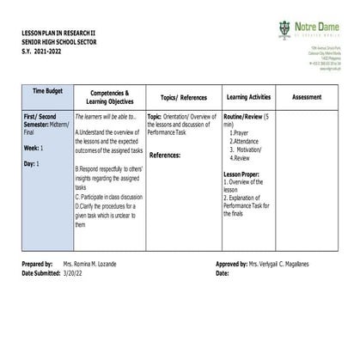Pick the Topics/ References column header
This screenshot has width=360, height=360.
182,97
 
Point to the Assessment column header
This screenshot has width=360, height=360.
306,96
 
